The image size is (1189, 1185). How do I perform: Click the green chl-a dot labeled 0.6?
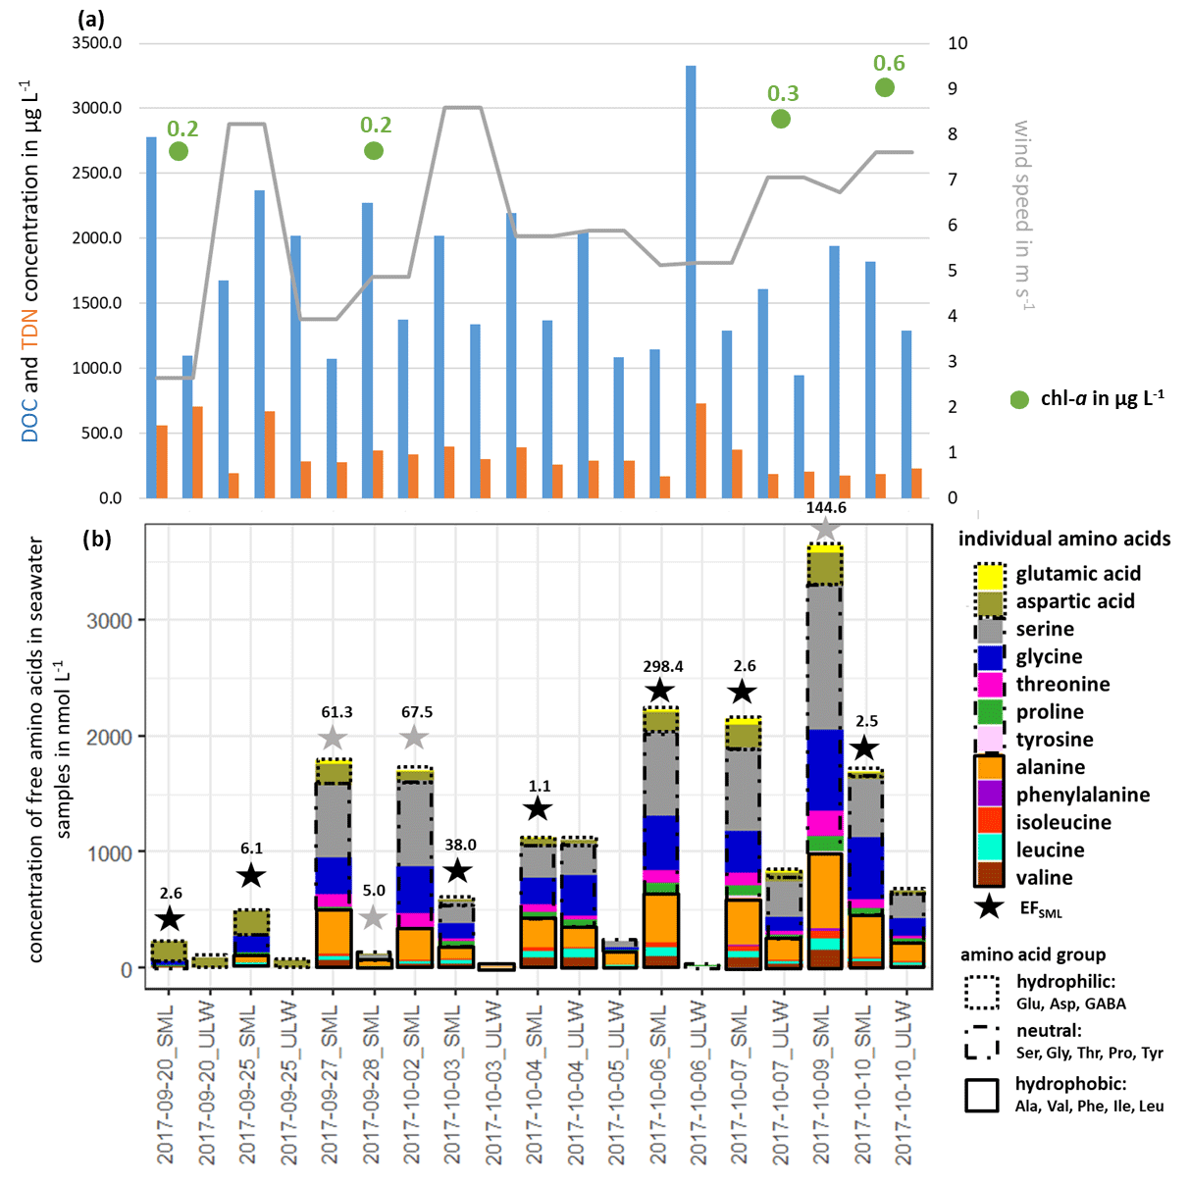point(885,87)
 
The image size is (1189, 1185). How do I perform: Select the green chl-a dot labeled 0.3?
point(781,119)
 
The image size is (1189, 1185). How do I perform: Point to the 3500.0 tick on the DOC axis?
point(97,43)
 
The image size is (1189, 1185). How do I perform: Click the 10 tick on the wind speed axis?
point(957,43)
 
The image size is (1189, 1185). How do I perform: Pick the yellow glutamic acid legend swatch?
point(991,575)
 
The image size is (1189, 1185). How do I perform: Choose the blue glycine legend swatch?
point(991,657)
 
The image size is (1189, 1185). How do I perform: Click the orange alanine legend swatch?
point(991,767)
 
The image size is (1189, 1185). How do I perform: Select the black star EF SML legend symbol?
point(990,907)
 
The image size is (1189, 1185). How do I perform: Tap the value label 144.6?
point(826,507)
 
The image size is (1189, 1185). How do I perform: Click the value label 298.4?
point(663,666)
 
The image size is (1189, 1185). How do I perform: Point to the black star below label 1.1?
point(538,809)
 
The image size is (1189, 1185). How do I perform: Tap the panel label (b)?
point(96,538)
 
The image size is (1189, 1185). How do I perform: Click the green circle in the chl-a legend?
point(1019,399)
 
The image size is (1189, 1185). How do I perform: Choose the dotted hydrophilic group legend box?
point(981,992)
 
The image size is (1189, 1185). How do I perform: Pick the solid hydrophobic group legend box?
point(981,1096)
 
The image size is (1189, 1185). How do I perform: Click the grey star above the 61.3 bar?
point(334,738)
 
